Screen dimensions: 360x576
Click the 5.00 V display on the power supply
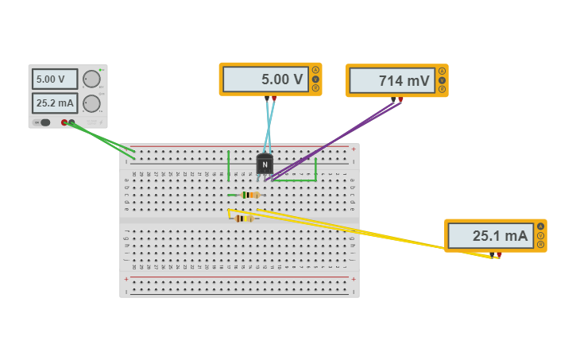54,79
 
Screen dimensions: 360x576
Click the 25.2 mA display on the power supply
54,103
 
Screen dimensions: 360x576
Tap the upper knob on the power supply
91,79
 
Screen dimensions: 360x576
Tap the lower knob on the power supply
91,103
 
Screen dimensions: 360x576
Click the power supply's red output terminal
64,122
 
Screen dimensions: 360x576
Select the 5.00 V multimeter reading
265,79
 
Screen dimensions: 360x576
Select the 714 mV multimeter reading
392,80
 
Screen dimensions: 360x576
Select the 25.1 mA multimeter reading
490,236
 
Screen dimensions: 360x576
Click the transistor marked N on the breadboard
265,165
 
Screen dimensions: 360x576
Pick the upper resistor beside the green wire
250,195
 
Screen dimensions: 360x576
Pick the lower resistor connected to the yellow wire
244,219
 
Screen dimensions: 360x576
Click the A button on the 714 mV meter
442,71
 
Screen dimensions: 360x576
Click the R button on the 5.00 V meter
315,88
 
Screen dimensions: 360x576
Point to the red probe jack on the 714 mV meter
400,99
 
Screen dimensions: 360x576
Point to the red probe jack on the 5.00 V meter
274,99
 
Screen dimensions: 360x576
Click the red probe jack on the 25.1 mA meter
499,254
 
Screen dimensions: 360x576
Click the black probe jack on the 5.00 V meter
267,99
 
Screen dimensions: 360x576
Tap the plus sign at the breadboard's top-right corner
354,149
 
